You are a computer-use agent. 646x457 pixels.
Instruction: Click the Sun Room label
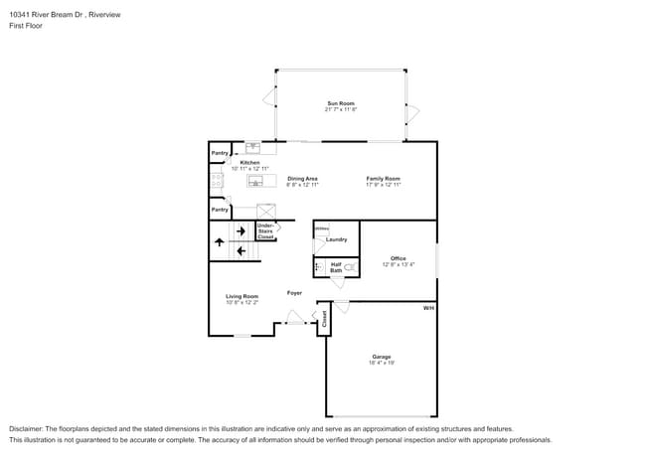[340, 103]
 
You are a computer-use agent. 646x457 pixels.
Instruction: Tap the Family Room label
[383, 179]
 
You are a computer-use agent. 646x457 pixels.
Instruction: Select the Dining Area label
[302, 179]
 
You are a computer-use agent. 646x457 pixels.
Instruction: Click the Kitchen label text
[249, 163]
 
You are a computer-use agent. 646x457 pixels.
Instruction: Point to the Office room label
[398, 258]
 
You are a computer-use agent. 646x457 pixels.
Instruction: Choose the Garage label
[382, 357]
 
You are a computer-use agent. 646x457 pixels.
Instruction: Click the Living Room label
[242, 296]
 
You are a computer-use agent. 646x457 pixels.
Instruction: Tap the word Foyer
[295, 293]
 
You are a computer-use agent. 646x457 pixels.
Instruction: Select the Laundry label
[336, 239]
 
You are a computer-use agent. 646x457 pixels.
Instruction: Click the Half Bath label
[336, 266]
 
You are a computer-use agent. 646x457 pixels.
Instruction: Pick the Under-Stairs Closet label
[265, 231]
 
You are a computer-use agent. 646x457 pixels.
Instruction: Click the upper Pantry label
[220, 153]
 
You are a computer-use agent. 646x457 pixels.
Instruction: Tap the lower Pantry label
[220, 210]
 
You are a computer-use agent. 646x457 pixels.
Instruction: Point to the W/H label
[428, 309]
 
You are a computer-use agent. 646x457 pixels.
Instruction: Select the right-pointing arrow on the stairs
[241, 231]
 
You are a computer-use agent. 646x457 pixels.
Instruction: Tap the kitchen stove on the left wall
[216, 180]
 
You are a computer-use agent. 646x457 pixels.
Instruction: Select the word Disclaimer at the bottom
[27, 427]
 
